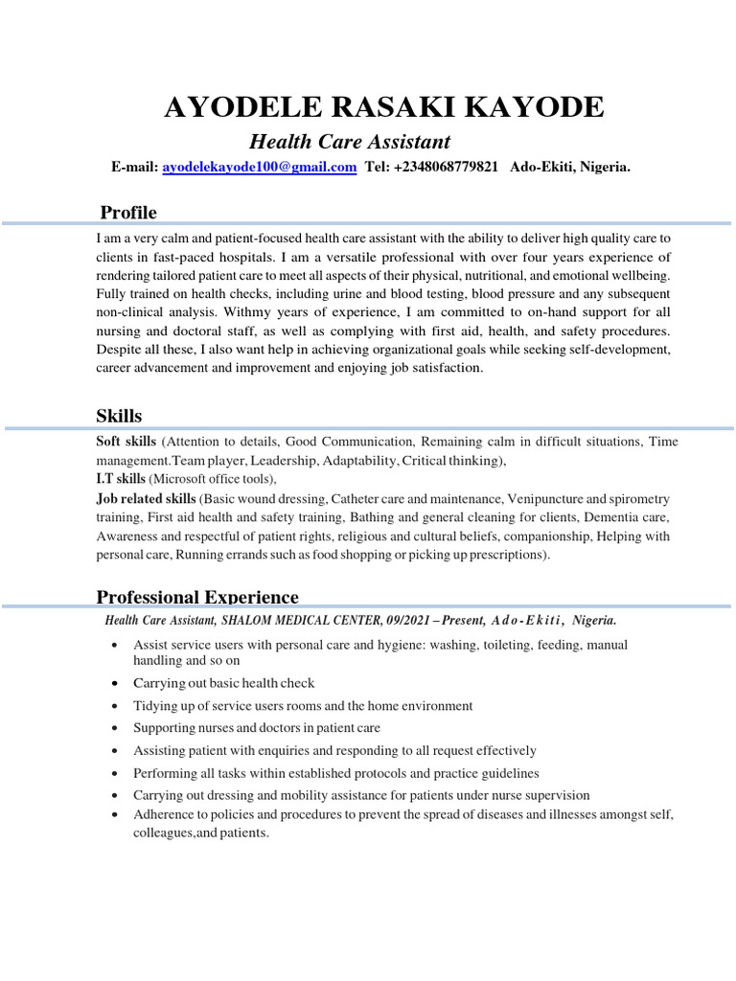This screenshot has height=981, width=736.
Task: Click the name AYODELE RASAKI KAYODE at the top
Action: tap(383, 107)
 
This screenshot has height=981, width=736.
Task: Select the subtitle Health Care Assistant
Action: tap(350, 142)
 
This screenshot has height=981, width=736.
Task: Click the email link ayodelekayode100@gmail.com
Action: tap(260, 167)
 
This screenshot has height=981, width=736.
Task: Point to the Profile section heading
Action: tap(128, 212)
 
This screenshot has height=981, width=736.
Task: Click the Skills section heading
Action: tap(119, 416)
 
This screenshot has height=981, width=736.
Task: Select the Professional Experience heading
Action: tap(197, 597)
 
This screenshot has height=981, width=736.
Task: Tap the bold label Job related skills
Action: tap(146, 499)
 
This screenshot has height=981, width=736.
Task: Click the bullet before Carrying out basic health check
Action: tap(115, 684)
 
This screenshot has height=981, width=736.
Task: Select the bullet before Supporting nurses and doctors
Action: tap(115, 729)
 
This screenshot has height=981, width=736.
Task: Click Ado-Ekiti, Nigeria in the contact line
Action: tap(570, 167)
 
